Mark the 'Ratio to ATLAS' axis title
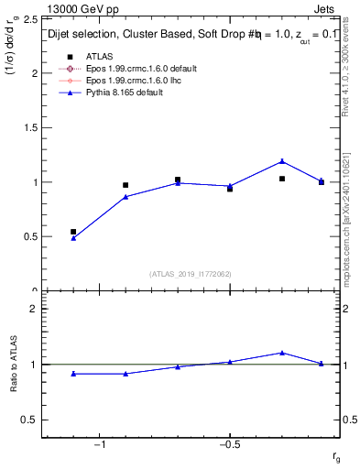point(14,365)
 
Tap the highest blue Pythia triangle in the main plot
point(282,161)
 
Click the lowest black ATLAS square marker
point(73,232)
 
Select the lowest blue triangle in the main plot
point(73,238)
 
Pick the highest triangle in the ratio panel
point(282,352)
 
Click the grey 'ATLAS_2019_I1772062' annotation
point(189,274)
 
